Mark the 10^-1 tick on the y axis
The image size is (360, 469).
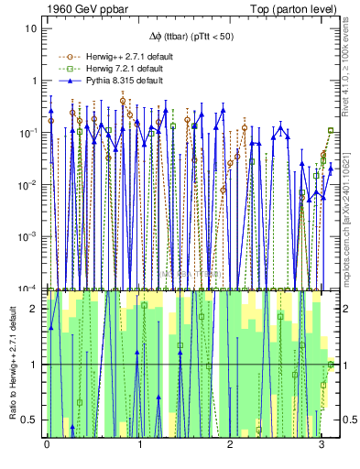pyautogui.click(x=27, y=133)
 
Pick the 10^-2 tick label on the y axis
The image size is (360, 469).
pyautogui.click(x=27, y=185)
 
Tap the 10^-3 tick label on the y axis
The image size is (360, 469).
pyautogui.click(x=27, y=236)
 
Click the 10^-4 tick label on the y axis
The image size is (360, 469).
pyautogui.click(x=27, y=289)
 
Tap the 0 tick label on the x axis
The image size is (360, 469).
pyautogui.click(x=47, y=443)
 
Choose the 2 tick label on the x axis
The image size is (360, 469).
pyautogui.click(x=231, y=443)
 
